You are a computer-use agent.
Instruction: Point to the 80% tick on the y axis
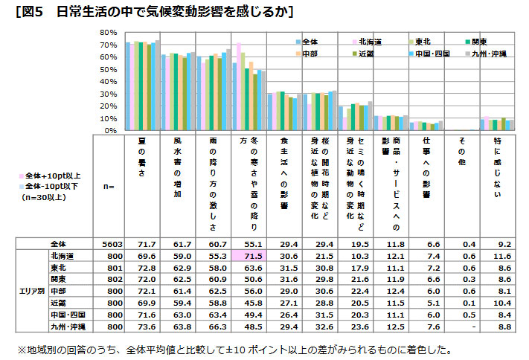(108, 33)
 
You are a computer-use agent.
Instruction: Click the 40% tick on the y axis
(108, 82)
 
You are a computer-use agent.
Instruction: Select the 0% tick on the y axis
(110, 131)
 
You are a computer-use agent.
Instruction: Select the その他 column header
(462, 149)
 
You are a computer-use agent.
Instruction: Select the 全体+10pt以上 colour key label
(53, 176)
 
